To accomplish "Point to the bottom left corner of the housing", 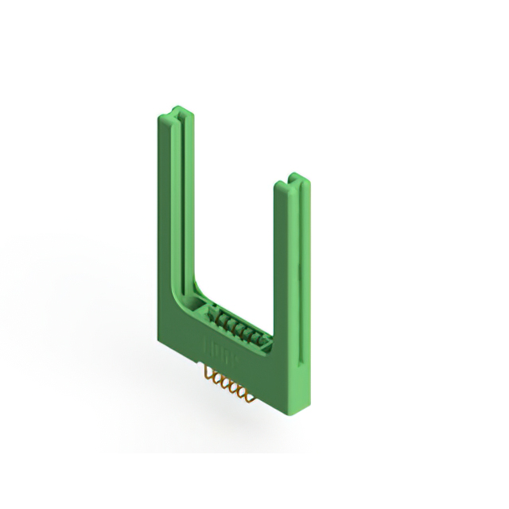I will (x=160, y=340).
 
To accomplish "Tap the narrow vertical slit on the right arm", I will (x=299, y=318).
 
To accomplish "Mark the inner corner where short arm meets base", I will (x=274, y=338).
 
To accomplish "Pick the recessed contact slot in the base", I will (x=236, y=326).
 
